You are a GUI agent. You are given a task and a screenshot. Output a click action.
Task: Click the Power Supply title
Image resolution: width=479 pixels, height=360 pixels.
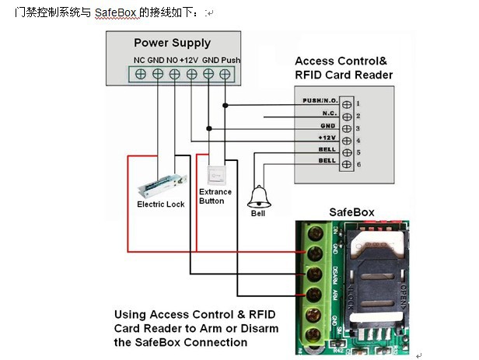point(172,43)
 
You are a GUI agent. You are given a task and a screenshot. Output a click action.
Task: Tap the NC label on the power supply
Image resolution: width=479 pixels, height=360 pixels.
point(139,60)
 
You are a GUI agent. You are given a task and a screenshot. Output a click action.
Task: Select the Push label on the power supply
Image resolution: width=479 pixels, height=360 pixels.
point(231,60)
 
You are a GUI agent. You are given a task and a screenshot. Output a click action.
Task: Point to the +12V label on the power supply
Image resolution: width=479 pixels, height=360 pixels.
point(190,60)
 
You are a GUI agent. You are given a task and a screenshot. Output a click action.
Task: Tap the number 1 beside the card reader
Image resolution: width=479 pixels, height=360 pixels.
point(357,103)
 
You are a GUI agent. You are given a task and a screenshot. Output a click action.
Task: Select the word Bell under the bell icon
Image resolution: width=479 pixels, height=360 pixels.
point(258,213)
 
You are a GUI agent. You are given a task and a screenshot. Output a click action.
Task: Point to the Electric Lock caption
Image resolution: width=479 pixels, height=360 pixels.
point(160,204)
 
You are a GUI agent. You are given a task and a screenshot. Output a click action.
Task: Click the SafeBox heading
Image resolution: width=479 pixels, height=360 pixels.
point(351,211)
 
